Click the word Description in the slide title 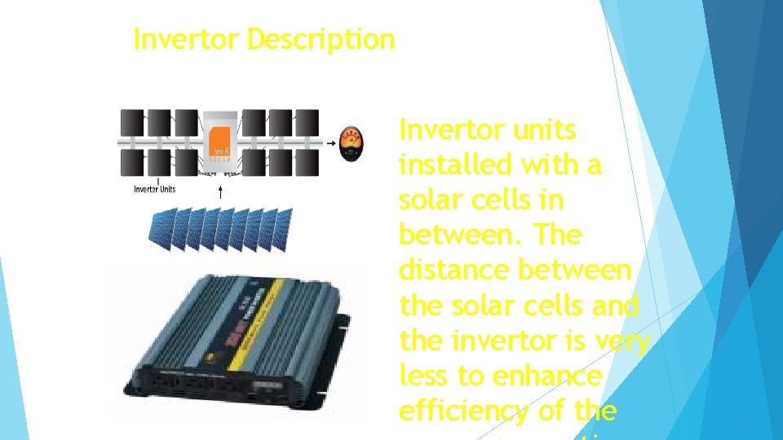(321, 39)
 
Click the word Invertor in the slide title (187, 39)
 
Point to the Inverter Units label (154, 190)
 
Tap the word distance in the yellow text (455, 271)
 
